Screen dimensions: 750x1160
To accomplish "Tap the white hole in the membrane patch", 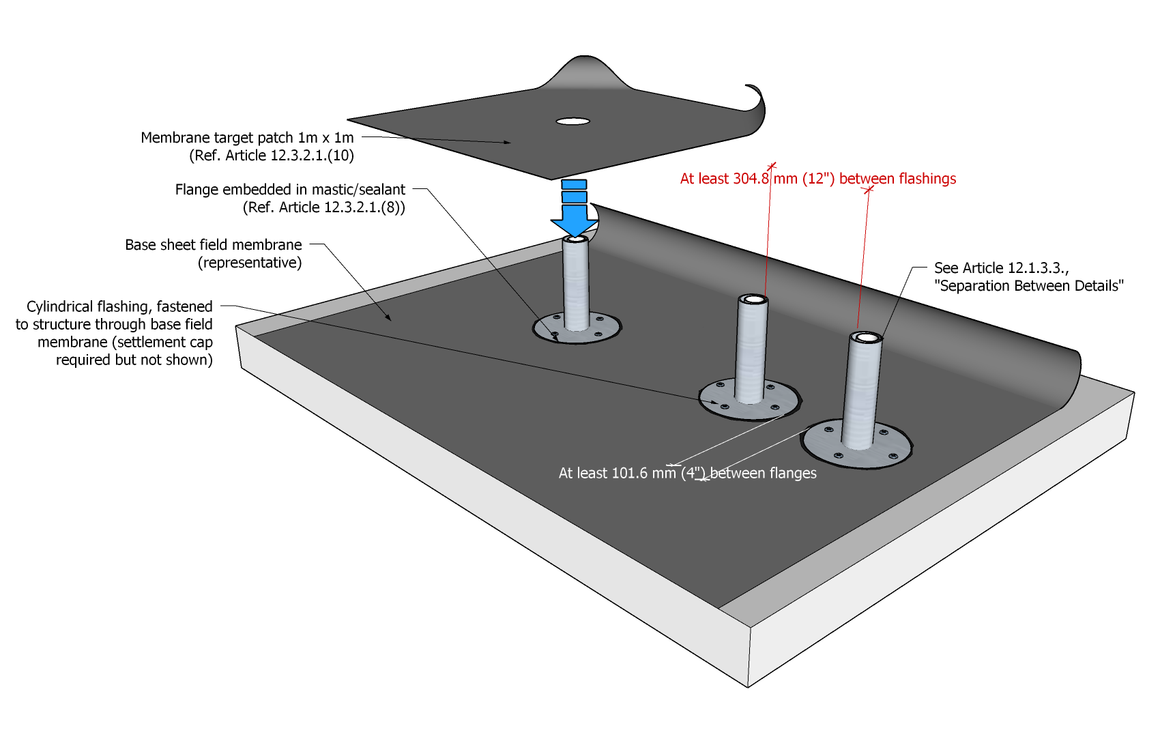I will coord(572,121).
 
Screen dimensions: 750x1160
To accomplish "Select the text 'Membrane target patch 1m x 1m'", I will coord(247,138).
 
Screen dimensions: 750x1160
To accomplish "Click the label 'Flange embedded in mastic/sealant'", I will coord(290,190).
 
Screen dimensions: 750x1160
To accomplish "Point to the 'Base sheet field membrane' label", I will coord(213,245).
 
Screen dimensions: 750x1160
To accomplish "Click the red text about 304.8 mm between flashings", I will coord(817,179).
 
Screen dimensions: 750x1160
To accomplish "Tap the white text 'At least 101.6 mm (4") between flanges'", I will coord(687,473).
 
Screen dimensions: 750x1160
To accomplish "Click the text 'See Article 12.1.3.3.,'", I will coord(1001,268).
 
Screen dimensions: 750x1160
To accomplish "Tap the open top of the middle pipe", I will coord(753,300).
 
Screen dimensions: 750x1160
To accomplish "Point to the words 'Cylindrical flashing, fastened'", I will coord(119,306).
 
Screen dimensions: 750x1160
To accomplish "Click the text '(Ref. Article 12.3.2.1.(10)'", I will coord(271,156).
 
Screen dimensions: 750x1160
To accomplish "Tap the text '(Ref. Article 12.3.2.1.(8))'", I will coord(323,207).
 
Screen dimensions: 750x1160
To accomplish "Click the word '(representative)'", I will coord(250,263).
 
